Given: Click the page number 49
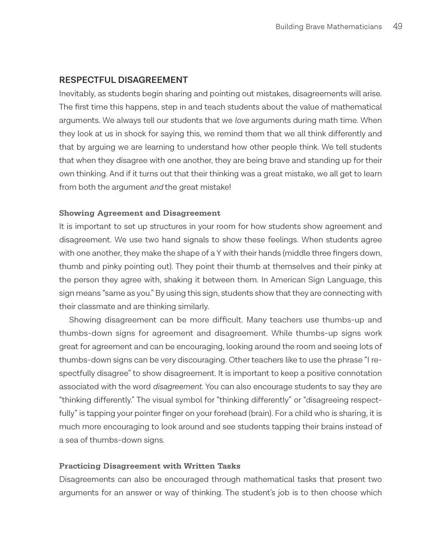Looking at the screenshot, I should click(x=397, y=26).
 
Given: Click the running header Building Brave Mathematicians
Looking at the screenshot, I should click(x=329, y=27).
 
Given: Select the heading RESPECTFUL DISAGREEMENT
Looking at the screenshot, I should click(x=123, y=80).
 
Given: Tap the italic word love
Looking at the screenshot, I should click(x=242, y=121).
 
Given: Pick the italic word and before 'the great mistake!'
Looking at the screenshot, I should click(x=157, y=187).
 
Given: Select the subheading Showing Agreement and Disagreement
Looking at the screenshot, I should click(x=140, y=213).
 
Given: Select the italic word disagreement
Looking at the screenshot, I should click(x=177, y=387).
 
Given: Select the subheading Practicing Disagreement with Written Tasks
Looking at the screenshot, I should click(x=149, y=466).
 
